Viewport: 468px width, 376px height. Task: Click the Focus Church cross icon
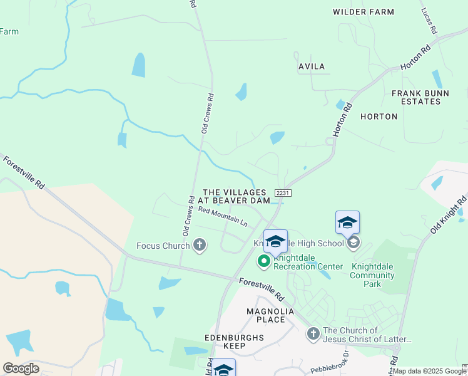pyautogui.click(x=200, y=245)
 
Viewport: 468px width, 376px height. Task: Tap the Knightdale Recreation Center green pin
pyautogui.click(x=264, y=260)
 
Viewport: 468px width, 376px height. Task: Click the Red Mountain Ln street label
pyautogui.click(x=223, y=217)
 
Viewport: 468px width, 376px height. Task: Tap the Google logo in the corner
pyautogui.click(x=21, y=368)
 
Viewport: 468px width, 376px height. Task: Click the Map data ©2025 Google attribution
pyautogui.click(x=429, y=371)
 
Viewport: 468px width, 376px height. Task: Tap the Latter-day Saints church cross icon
pyautogui.click(x=313, y=335)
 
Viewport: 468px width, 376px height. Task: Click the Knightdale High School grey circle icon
pyautogui.click(x=353, y=243)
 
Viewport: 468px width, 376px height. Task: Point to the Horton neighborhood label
pyautogui.click(x=379, y=117)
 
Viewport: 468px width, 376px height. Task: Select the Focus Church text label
pyautogui.click(x=163, y=246)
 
